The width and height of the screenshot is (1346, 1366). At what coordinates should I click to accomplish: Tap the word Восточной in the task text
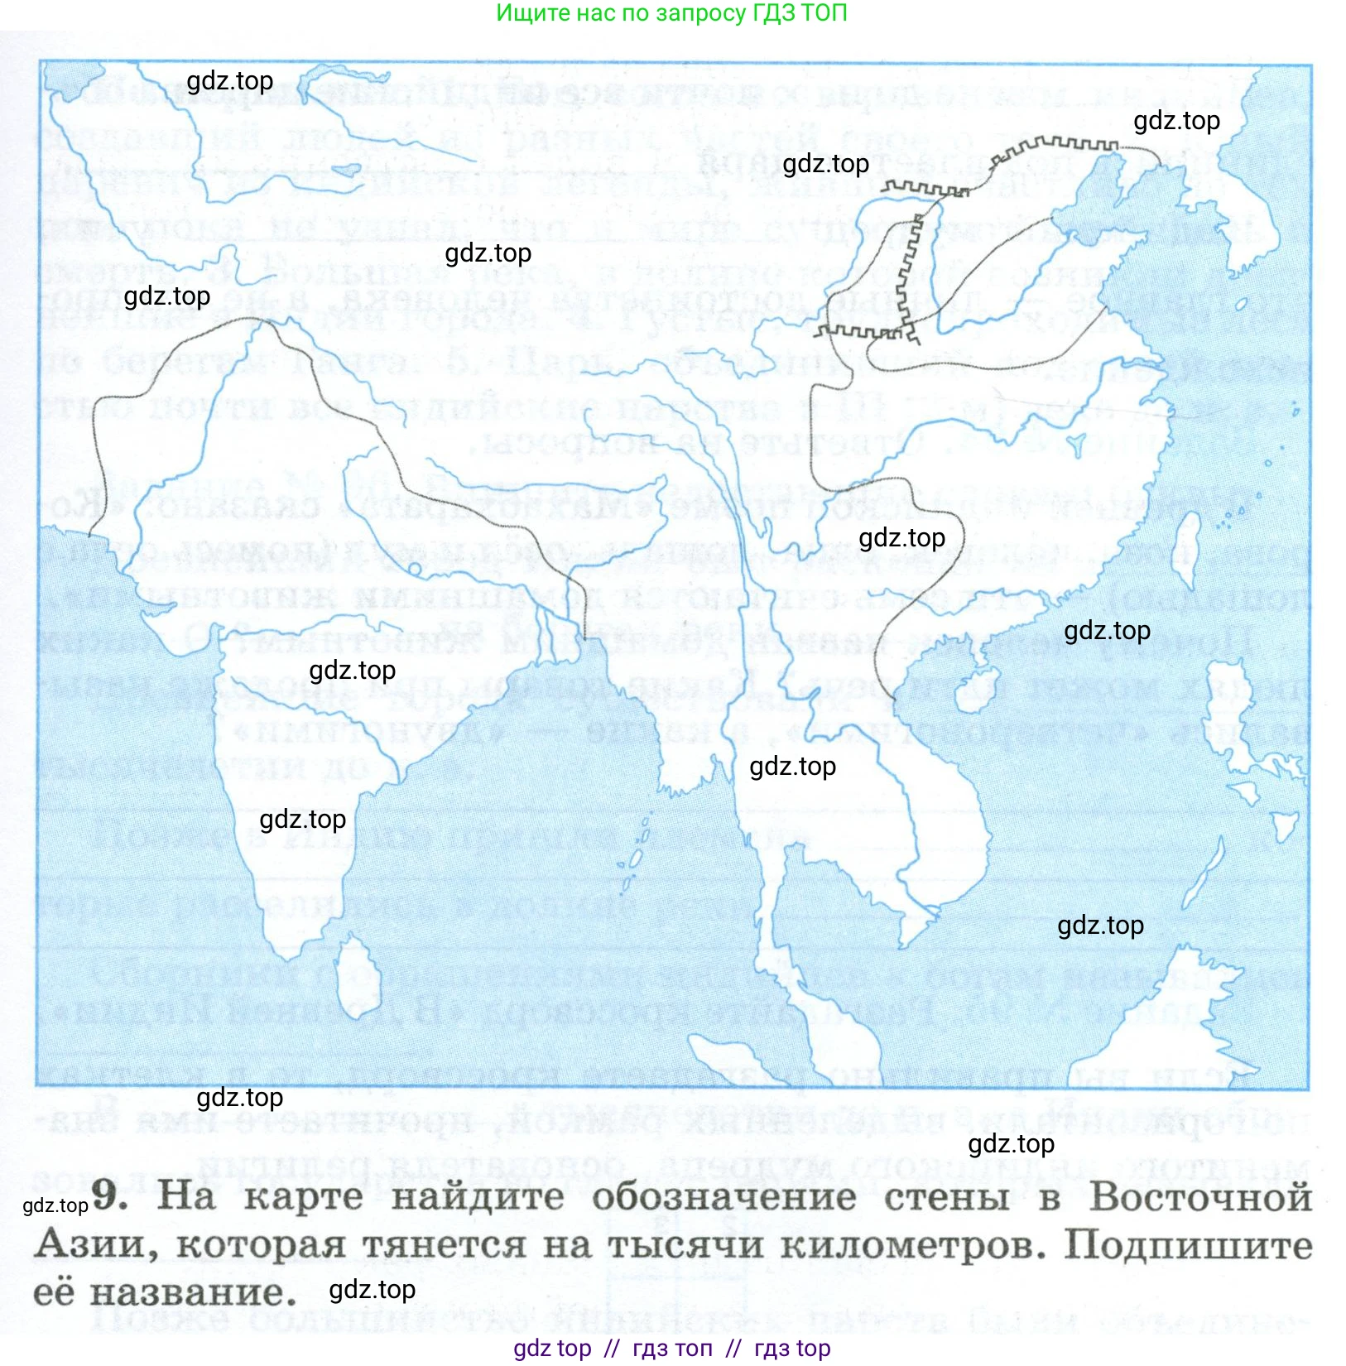point(1200,1197)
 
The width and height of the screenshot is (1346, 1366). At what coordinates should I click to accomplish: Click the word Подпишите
point(1188,1245)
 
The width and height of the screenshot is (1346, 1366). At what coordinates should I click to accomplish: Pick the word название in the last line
point(192,1292)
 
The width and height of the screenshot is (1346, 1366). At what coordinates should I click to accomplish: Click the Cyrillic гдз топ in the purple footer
point(672,1349)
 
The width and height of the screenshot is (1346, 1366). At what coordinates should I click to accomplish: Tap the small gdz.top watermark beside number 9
point(55,1205)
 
